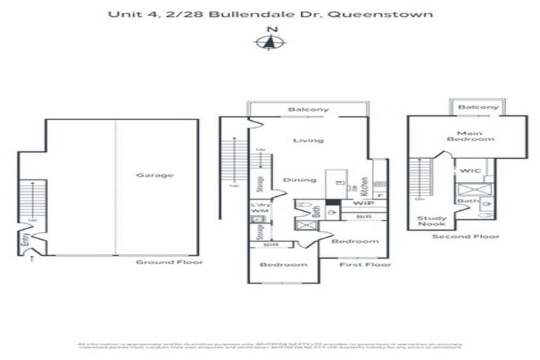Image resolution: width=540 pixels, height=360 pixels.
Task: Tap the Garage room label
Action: coord(154,175)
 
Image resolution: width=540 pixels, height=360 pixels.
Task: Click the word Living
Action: coord(308,141)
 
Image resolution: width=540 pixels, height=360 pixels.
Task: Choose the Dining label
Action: coord(300,180)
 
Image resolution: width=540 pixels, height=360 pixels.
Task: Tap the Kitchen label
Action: coord(364,186)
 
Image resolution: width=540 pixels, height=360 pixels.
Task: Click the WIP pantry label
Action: coord(363,203)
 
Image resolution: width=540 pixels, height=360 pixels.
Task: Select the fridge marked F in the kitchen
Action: coord(380,195)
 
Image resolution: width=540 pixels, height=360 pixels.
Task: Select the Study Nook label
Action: coord(432,222)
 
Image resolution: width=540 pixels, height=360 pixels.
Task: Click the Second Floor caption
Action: coord(456,236)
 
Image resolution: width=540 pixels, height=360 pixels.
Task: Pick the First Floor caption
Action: coord(364,264)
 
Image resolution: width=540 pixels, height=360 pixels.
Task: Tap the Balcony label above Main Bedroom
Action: coord(478,108)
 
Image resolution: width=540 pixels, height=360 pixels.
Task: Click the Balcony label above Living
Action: coord(308,110)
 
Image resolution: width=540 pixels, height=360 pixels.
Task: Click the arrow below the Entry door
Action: coord(31,259)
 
